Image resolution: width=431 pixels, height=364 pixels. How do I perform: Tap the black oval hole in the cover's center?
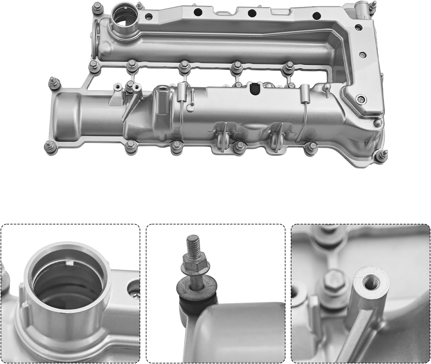(x=254, y=89)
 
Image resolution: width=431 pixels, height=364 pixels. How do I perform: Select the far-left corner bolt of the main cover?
(x=54, y=82)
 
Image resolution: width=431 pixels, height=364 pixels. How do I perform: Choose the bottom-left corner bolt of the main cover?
(x=48, y=146)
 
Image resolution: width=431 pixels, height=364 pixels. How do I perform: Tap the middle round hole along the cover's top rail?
(x=252, y=13)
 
